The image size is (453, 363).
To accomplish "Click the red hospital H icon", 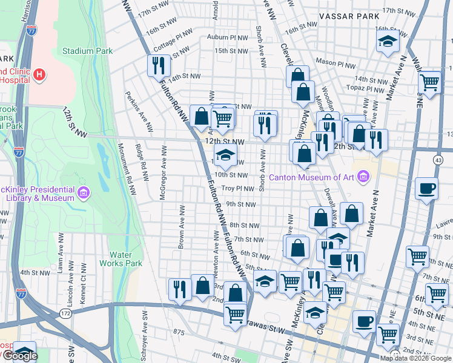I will (x=39, y=74).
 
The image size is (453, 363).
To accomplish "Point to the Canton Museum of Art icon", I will (x=363, y=177).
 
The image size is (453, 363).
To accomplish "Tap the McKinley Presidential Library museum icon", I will (x=84, y=193).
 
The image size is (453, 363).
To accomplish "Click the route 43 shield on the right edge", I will (x=438, y=159).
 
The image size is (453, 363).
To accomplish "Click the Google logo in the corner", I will (x=20, y=356).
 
